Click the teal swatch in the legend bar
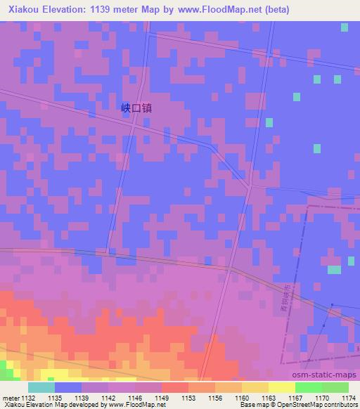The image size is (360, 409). [x=41, y=387]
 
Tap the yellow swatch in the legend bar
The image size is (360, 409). [x=281, y=387]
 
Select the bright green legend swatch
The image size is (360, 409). [x=308, y=387]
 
